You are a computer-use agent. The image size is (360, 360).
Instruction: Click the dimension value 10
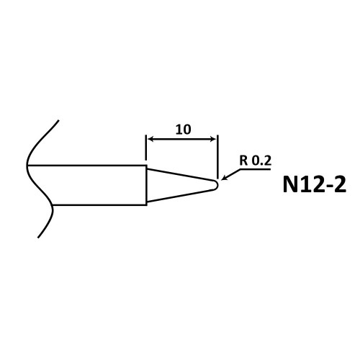184,130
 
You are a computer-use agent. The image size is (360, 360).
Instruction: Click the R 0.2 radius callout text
256,161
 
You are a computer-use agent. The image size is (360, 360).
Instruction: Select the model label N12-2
315,184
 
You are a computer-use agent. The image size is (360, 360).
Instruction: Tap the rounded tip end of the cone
217,185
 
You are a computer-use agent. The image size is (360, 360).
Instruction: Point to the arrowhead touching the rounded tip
224,178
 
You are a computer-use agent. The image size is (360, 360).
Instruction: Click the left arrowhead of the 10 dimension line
150,139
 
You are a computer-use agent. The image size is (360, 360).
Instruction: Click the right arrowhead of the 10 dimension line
213,139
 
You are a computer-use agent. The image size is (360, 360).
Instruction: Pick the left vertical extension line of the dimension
146,148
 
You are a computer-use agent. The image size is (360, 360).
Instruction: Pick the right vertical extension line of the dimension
217,157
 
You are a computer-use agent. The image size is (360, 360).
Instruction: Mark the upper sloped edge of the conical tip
180,174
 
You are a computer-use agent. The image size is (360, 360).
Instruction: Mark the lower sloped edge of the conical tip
180,196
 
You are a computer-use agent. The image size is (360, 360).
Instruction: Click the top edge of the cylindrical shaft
86,166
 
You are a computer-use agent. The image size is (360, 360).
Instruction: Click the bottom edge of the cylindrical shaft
99,205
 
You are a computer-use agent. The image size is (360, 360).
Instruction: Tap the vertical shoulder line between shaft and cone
146,185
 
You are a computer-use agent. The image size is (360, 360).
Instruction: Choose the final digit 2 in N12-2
341,184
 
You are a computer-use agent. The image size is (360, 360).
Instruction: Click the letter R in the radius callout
243,161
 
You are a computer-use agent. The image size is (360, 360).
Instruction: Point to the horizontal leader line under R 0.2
256,169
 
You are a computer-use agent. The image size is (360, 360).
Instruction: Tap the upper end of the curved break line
58,120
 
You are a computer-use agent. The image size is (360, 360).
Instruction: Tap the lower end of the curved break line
38,238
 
